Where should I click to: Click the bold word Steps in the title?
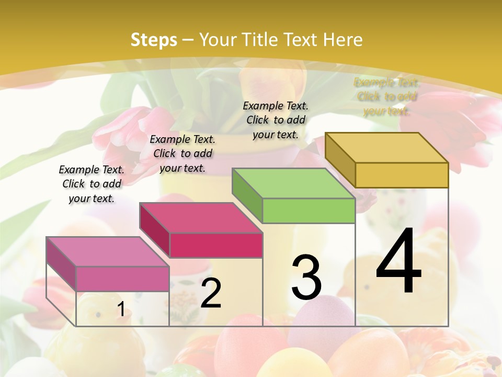click(x=154, y=40)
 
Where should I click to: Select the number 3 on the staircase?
click(x=306, y=278)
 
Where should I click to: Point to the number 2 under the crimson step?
click(x=211, y=294)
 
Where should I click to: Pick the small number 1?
click(x=121, y=309)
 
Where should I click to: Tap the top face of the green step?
click(x=293, y=183)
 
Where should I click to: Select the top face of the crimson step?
click(x=200, y=218)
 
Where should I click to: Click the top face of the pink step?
click(x=107, y=251)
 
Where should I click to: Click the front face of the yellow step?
click(x=402, y=175)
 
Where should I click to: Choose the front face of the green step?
click(x=309, y=211)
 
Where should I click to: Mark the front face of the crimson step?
click(x=216, y=246)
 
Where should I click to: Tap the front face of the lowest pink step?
click(x=122, y=279)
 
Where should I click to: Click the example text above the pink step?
click(x=92, y=184)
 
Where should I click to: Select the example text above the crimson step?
click(x=182, y=153)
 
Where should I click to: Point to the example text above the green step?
click(x=276, y=120)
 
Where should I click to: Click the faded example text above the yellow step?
click(x=387, y=96)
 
